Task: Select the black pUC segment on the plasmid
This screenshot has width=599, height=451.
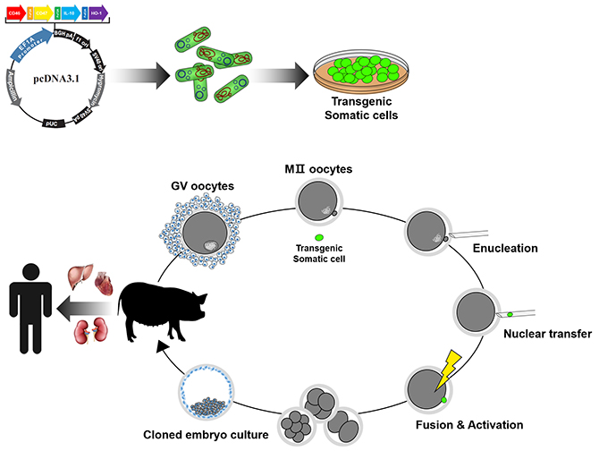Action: click(56, 124)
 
